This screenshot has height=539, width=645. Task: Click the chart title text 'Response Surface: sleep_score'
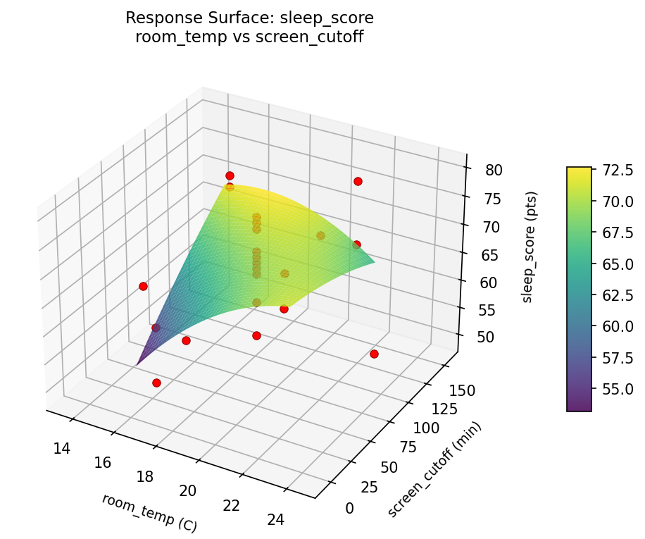[x=249, y=18]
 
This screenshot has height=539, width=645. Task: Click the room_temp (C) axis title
[x=149, y=512]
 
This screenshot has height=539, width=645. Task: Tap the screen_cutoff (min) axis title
[x=434, y=469]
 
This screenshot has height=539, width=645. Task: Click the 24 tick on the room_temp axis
[x=276, y=519]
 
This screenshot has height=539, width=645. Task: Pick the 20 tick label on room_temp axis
[x=188, y=490]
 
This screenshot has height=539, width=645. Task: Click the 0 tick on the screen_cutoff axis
[x=349, y=507]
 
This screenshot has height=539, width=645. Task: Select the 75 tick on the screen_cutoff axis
[x=407, y=447]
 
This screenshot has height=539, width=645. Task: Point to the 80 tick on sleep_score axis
[x=494, y=170]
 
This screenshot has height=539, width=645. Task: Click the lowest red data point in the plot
[x=156, y=383]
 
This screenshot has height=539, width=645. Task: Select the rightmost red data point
[x=374, y=354]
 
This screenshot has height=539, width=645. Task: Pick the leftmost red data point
[x=143, y=286]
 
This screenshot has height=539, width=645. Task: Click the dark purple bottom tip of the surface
[x=138, y=364]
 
